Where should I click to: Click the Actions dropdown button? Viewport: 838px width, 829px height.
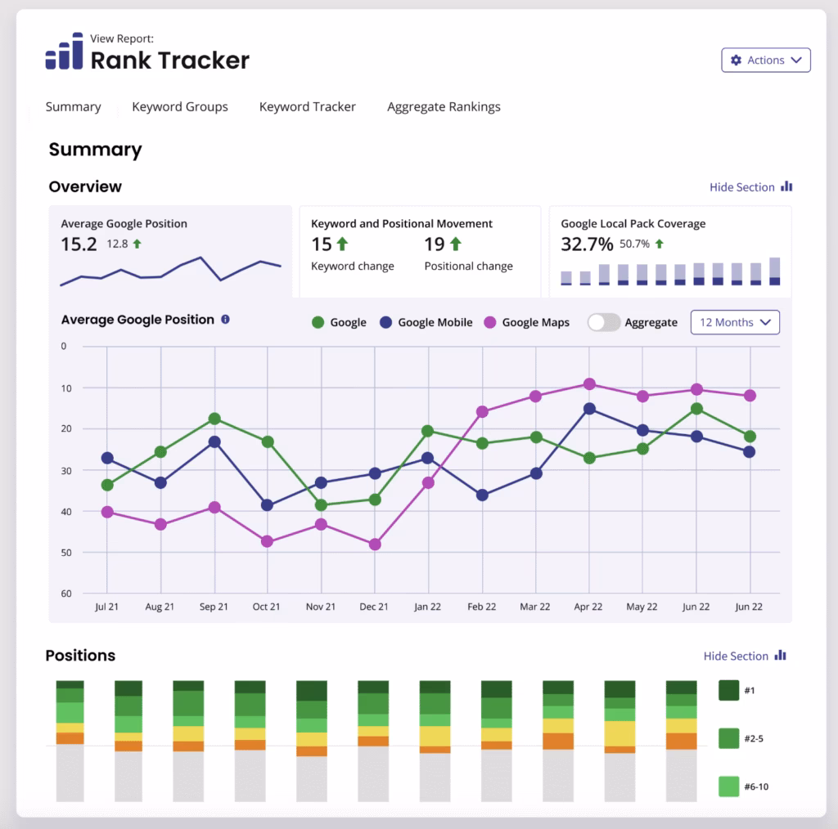pyautogui.click(x=765, y=60)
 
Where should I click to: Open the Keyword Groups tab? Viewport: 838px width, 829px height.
pyautogui.click(x=180, y=107)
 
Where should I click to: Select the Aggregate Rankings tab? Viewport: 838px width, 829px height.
pyautogui.click(x=444, y=107)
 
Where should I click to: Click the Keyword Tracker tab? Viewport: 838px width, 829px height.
pyautogui.click(x=308, y=107)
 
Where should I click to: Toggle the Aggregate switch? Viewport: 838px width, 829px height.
pyautogui.click(x=604, y=322)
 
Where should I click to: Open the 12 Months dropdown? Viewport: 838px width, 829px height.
pyautogui.click(x=735, y=322)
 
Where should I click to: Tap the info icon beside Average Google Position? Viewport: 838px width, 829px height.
pyautogui.click(x=226, y=320)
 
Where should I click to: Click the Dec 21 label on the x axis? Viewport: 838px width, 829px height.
pyautogui.click(x=375, y=607)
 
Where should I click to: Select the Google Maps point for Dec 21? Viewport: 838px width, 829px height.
pyautogui.click(x=375, y=544)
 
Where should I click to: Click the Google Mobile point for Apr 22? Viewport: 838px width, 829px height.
pyautogui.click(x=589, y=409)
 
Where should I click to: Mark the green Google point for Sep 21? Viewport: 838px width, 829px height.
pyautogui.click(x=214, y=419)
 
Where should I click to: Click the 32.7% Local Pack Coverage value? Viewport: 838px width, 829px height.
pyautogui.click(x=587, y=244)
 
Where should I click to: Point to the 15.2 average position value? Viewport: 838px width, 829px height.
pyautogui.click(x=79, y=244)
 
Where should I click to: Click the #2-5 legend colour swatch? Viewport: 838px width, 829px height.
pyautogui.click(x=728, y=738)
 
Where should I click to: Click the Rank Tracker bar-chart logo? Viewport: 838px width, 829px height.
pyautogui.click(x=64, y=52)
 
